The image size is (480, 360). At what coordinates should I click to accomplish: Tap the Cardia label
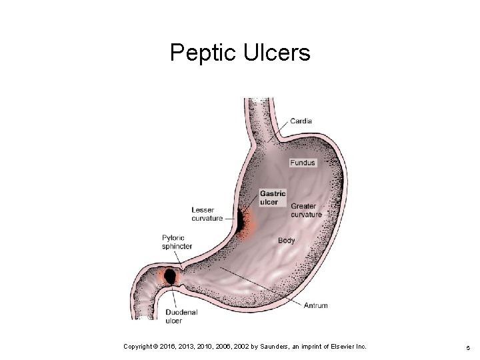click(301, 121)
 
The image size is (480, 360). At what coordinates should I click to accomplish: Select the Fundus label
click(303, 163)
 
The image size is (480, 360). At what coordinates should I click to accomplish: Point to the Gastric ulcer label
click(273, 198)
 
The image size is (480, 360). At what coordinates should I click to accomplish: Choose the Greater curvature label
click(306, 211)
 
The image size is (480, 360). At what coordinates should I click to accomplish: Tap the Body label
click(287, 240)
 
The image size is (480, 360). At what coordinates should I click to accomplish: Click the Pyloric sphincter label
click(177, 241)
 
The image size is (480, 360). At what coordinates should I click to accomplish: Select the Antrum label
click(315, 306)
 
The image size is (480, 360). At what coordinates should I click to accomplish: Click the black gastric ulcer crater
click(239, 221)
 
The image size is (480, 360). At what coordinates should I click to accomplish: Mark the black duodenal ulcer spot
click(171, 275)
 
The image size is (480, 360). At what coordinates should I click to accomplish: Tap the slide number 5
click(468, 347)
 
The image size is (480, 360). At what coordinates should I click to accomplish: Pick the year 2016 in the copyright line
click(169, 346)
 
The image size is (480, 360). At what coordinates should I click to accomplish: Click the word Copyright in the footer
click(140, 346)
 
